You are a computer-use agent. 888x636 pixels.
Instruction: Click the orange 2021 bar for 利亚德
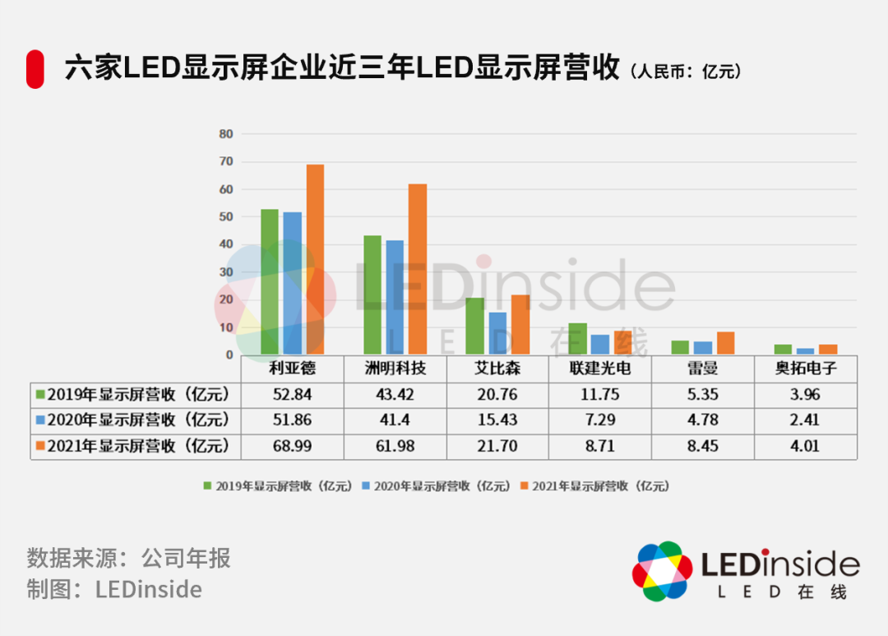pos(315,259)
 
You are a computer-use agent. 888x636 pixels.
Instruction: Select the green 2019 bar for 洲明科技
pos(372,295)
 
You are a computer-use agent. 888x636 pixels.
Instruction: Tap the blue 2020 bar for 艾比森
pos(497,333)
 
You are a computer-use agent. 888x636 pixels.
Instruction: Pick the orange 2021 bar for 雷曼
pos(725,343)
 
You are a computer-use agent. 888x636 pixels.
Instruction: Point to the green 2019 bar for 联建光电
pos(577,339)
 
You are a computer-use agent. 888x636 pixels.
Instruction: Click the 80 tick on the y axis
pos(226,134)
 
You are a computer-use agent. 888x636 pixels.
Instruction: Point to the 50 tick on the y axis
pos(226,217)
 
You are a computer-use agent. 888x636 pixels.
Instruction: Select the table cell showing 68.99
pos(292,446)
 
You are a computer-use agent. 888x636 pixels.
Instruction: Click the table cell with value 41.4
pos(395,420)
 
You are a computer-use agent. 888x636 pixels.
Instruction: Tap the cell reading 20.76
pos(497,394)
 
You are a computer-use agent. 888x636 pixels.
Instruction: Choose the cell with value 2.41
pos(806,420)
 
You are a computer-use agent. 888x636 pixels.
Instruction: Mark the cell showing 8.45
pos(703,446)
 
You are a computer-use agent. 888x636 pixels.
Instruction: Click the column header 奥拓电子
pos(806,369)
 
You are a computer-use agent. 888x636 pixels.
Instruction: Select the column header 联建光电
pos(600,369)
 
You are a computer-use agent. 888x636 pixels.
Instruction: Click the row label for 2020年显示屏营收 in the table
pos(136,420)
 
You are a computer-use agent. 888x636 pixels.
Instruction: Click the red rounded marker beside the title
pos(35,69)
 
